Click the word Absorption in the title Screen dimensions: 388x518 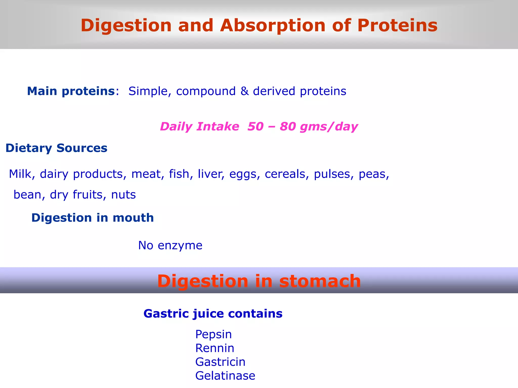coord(273,26)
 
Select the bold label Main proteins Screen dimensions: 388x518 coord(71,91)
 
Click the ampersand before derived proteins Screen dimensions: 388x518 coord(244,91)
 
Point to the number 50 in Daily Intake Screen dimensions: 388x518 coord(255,126)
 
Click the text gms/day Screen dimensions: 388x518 coord(329,127)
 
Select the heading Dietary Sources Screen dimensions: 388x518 coord(56,148)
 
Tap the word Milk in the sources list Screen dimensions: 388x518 coord(20,174)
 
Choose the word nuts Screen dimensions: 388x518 coord(123,195)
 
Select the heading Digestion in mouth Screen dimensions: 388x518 coord(93,218)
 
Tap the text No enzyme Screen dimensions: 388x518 coord(170,245)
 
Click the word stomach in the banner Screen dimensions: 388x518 coord(320,281)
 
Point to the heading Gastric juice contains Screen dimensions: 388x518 coord(213,314)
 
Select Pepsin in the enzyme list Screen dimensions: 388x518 coord(213,334)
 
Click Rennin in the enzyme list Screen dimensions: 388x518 coord(214,348)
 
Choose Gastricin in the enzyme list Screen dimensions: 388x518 coord(220,362)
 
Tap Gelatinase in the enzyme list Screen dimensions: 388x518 coord(225,376)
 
